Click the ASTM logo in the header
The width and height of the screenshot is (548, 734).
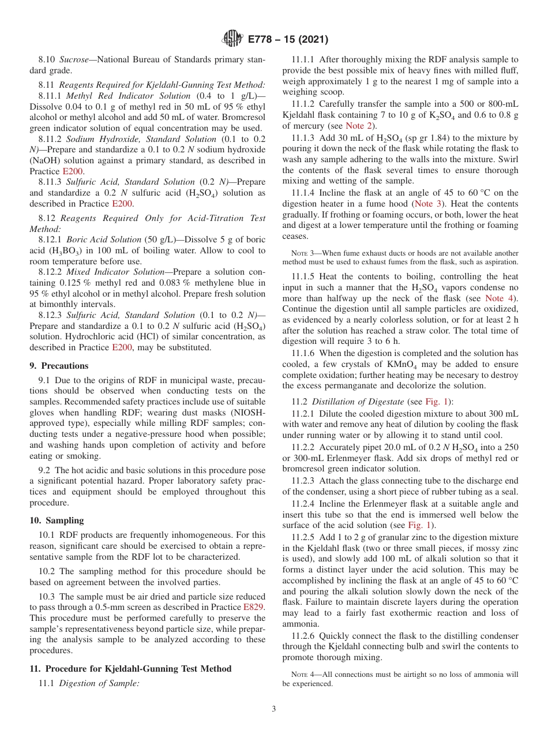point(232,39)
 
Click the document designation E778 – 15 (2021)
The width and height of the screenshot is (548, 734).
point(287,39)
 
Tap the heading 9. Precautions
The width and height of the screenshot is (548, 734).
point(59,365)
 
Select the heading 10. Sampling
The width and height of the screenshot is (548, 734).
point(57,520)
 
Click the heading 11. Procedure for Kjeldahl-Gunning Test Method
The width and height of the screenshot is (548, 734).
point(130,668)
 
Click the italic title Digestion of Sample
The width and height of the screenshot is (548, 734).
point(99,683)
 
